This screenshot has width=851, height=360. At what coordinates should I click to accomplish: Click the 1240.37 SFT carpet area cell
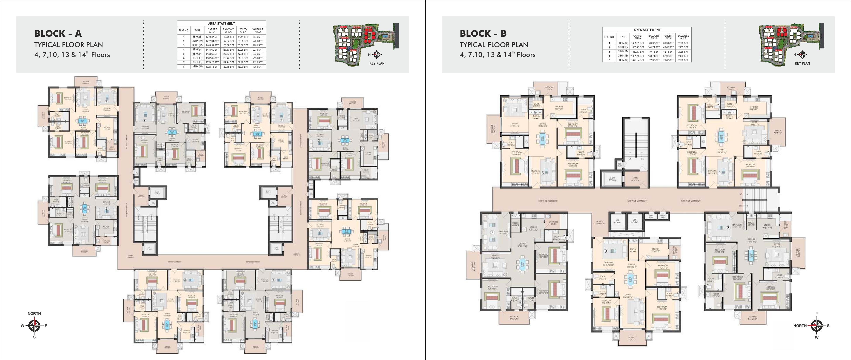(212, 37)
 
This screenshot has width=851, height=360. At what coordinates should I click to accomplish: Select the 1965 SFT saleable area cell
(258, 67)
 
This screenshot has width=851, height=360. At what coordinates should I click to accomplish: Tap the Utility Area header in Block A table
(243, 30)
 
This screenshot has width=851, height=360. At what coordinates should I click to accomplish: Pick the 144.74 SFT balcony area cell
(654, 47)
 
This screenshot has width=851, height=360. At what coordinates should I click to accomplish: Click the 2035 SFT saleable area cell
(683, 51)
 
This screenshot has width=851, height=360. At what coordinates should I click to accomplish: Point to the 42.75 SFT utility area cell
(668, 51)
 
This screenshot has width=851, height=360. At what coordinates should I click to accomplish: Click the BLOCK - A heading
(58, 33)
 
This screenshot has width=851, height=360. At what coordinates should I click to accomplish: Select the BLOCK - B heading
(483, 33)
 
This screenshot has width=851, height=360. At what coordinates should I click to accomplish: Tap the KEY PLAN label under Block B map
(802, 63)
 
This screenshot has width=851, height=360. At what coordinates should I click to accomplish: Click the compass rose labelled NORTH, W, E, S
(34, 326)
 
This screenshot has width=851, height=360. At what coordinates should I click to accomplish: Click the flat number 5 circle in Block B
(542, 172)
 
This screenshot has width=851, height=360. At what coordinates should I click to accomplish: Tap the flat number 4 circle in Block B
(492, 233)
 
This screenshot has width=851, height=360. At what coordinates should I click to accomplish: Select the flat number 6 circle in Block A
(106, 208)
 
